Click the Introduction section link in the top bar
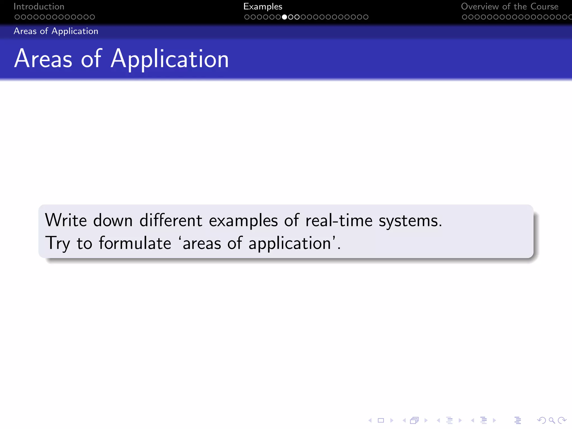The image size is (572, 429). [x=39, y=6]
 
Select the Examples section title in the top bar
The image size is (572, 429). [x=263, y=6]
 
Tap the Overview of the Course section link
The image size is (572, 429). [x=509, y=6]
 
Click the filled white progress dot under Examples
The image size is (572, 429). [x=284, y=17]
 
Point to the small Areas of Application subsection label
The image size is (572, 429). [x=56, y=31]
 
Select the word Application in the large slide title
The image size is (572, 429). [x=170, y=59]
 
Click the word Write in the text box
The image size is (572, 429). [x=66, y=220]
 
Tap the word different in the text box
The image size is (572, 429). [x=171, y=220]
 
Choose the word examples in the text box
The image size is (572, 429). [x=243, y=221]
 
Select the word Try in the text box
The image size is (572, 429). [x=58, y=244]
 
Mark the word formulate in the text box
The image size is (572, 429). [x=135, y=243]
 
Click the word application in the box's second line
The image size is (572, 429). [x=290, y=244]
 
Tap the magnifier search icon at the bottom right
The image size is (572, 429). [x=551, y=420]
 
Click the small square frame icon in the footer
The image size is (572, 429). [x=381, y=420]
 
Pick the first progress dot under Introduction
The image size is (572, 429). [x=17, y=17]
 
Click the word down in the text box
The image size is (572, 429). [x=113, y=220]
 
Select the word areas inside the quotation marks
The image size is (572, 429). [x=202, y=244]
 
